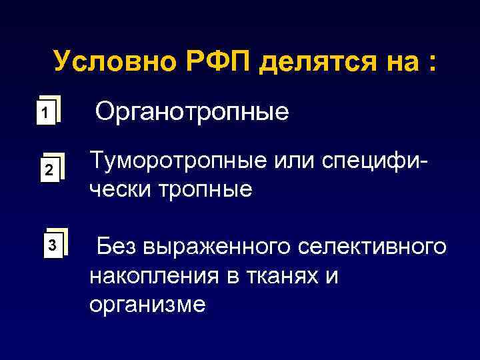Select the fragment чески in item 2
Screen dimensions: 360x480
[121, 190]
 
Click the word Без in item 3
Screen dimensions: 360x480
[117, 247]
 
